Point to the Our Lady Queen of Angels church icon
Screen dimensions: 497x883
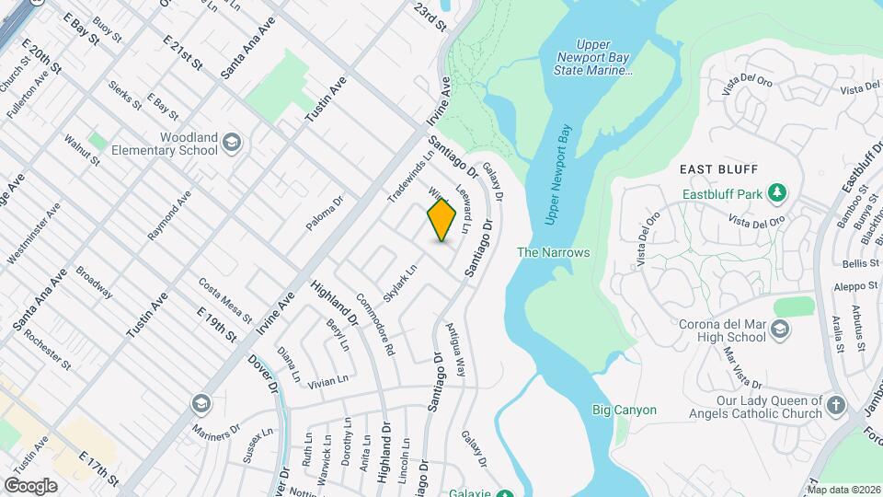point(835,406)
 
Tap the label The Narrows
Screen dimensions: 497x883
point(553,252)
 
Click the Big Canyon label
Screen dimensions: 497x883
point(624,410)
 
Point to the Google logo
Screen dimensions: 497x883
point(30,486)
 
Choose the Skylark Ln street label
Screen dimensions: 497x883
point(401,283)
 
